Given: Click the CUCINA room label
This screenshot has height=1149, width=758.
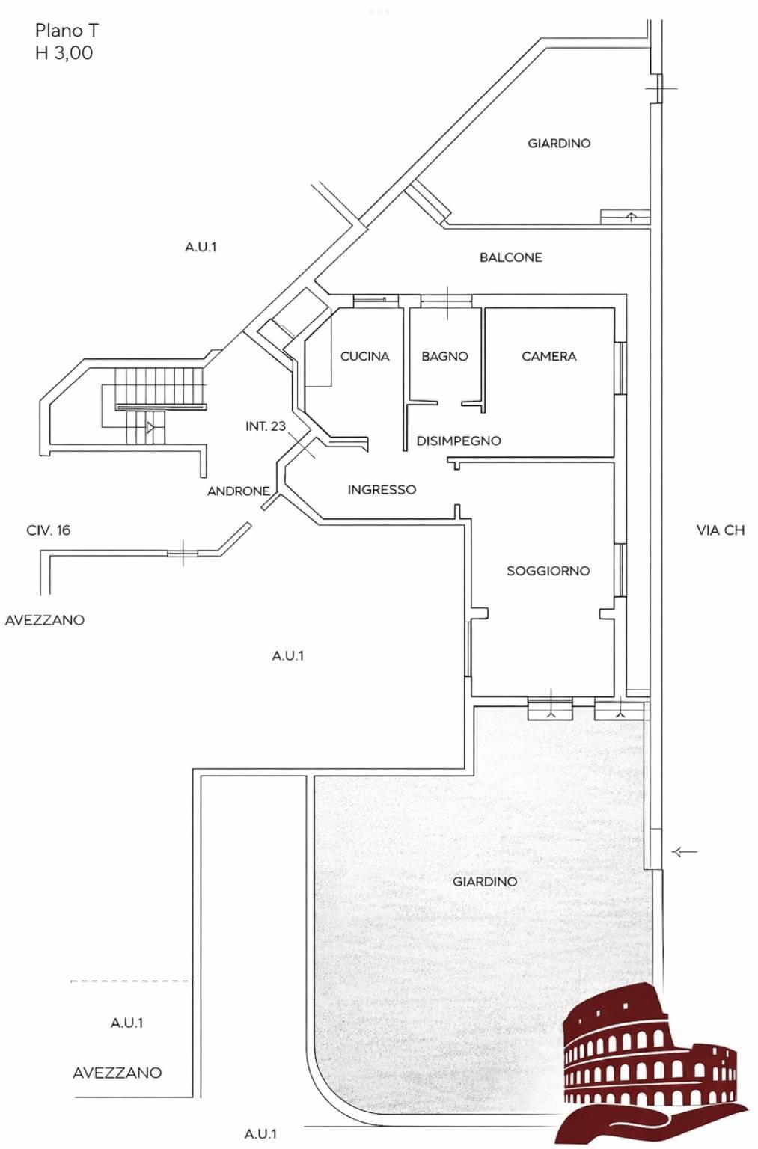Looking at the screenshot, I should click(364, 357).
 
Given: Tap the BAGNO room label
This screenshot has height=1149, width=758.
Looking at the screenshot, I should click(444, 357).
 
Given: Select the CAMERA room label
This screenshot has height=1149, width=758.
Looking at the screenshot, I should click(548, 357).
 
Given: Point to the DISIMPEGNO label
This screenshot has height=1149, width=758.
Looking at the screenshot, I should click(458, 441).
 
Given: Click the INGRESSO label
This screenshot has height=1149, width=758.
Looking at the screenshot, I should click(382, 490).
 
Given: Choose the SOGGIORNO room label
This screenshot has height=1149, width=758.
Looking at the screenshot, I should click(548, 571).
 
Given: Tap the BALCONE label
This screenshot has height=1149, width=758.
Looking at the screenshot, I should click(510, 257).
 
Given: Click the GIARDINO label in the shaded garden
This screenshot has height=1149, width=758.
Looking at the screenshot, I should click(484, 882).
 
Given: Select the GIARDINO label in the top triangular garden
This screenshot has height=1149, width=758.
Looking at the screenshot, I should click(558, 144).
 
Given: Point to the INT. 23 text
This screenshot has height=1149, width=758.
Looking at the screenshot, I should click(265, 426).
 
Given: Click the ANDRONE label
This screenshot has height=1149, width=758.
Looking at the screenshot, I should click(238, 491).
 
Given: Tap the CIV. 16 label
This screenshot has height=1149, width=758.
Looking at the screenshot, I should click(48, 530).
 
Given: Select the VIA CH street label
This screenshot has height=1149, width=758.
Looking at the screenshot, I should click(720, 530).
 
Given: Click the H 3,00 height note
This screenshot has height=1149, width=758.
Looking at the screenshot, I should click(64, 53).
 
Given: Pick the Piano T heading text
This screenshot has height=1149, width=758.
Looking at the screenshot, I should click(66, 31).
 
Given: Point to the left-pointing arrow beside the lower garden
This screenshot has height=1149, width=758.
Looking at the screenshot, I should click(685, 851).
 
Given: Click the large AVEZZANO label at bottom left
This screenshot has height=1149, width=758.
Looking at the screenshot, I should click(117, 1073).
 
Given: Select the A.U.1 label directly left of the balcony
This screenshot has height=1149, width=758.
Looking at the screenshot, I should click(201, 247).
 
